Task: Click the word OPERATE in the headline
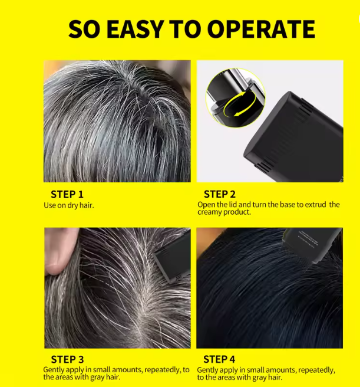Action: [x=262, y=29]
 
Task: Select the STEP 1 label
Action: [x=67, y=195]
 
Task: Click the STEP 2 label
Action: [x=220, y=195]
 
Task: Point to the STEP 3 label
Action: [x=67, y=360]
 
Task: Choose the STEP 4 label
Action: [x=219, y=360]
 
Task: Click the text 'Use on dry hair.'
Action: [x=69, y=205]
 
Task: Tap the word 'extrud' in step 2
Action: [x=315, y=205]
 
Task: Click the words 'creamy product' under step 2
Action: [x=224, y=212]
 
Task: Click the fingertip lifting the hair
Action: [x=56, y=264]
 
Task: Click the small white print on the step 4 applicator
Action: [x=308, y=239]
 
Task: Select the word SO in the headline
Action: [x=84, y=29]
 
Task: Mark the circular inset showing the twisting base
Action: [x=236, y=98]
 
